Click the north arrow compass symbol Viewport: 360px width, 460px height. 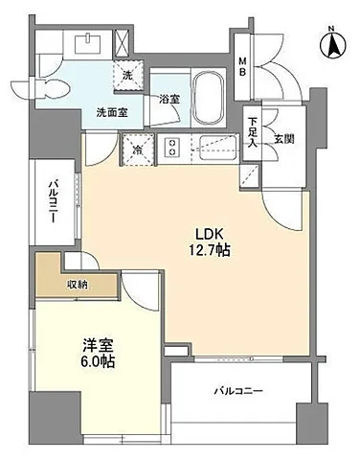pyautogui.click(x=333, y=45)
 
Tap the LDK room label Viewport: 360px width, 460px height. pyautogui.click(x=209, y=235)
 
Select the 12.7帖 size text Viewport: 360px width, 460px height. pyautogui.click(x=210, y=250)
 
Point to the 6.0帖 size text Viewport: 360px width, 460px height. pyautogui.click(x=98, y=361)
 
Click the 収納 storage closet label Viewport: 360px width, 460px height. pyautogui.click(x=78, y=285)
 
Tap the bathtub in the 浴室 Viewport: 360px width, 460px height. pyautogui.click(x=209, y=98)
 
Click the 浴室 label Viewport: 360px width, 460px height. pyautogui.click(x=169, y=100)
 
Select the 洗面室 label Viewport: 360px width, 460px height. pyautogui.click(x=112, y=112)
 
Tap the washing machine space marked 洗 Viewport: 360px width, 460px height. pyautogui.click(x=127, y=76)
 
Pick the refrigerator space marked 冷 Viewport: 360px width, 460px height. pyautogui.click(x=138, y=149)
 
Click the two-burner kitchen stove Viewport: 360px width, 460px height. pyautogui.click(x=172, y=147)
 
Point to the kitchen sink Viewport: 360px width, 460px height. pyautogui.click(x=218, y=148)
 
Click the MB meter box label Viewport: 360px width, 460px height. pyautogui.click(x=243, y=66)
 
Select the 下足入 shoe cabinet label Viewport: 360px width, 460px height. pyautogui.click(x=253, y=132)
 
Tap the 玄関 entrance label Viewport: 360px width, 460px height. pyautogui.click(x=284, y=139)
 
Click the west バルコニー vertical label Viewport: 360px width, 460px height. pyautogui.click(x=53, y=202)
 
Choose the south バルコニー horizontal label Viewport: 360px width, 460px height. pyautogui.click(x=238, y=391)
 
